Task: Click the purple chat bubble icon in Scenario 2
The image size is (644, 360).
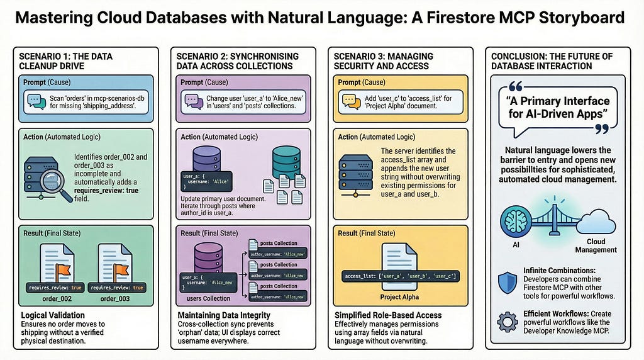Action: tap(191, 100)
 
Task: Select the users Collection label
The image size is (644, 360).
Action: tap(208, 298)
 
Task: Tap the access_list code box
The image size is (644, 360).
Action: tap(400, 276)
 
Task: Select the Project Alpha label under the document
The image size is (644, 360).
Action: tap(399, 296)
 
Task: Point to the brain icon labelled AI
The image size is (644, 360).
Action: tap(516, 218)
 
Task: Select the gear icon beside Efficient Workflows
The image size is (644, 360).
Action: tap(507, 322)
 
